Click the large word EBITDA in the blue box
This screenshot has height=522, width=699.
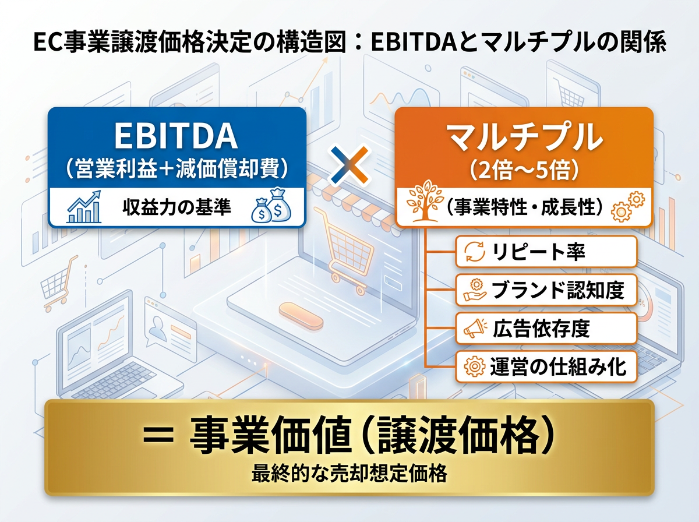click(176, 135)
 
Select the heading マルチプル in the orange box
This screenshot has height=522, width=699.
click(524, 135)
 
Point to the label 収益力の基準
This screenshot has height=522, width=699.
click(176, 207)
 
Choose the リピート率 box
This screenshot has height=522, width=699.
click(546, 252)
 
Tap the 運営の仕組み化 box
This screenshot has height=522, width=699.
click(546, 366)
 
